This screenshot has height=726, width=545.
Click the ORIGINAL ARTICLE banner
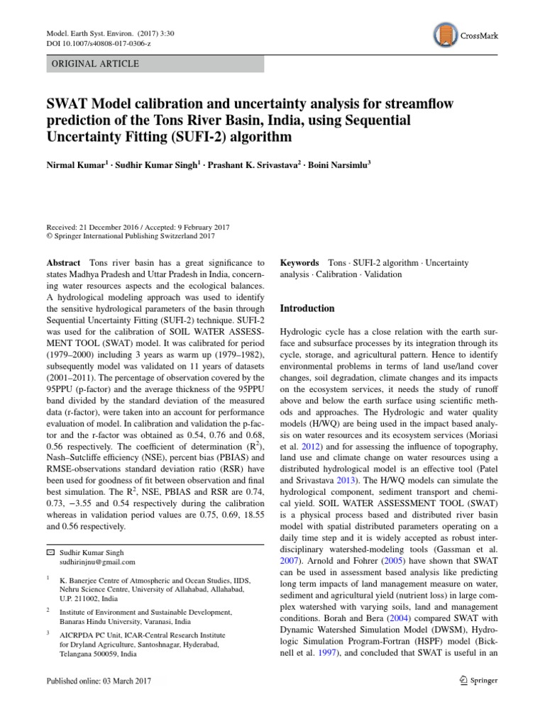pyautogui.click(x=155, y=64)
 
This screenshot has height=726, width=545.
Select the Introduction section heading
pyautogui.click(x=307, y=308)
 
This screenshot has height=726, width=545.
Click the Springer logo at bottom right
pyautogui.click(x=478, y=681)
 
